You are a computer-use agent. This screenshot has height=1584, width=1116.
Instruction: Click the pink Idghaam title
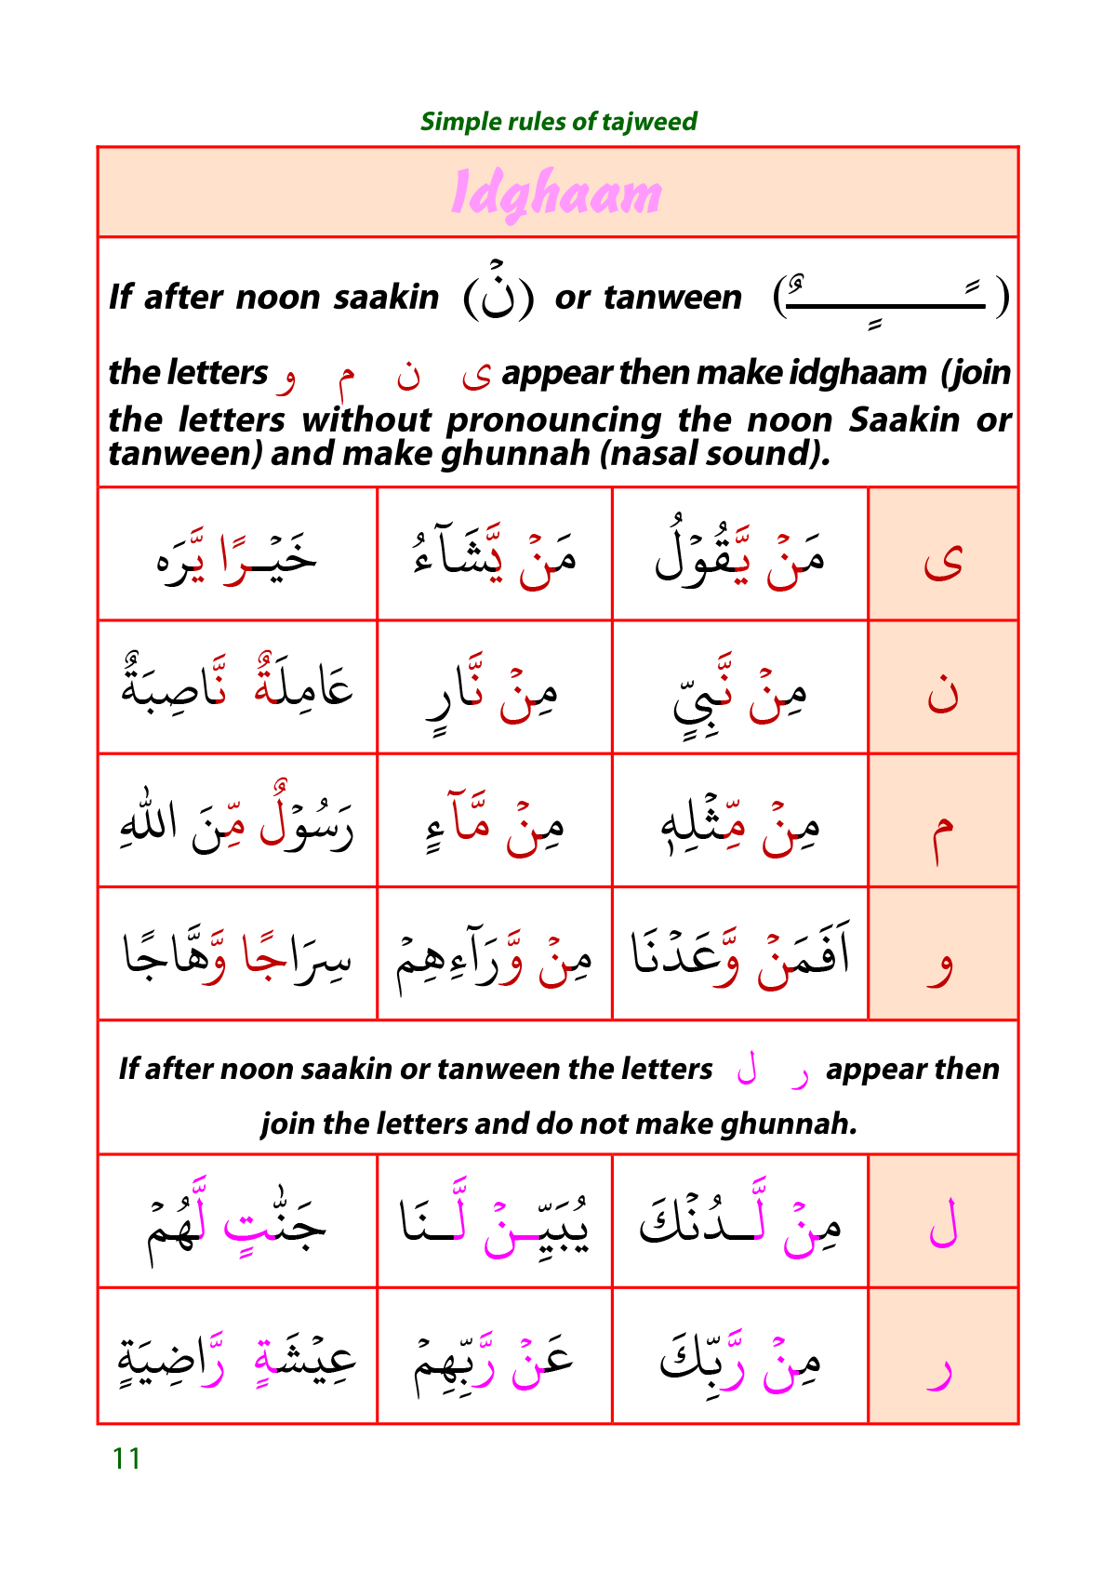[x=556, y=194]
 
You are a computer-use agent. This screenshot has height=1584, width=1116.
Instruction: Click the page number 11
[x=126, y=1458]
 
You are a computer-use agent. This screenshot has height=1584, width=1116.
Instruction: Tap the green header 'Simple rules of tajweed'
[x=558, y=122]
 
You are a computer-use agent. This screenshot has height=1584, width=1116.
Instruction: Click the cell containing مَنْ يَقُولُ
[x=739, y=554]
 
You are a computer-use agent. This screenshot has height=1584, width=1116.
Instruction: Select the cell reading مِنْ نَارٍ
[x=494, y=688]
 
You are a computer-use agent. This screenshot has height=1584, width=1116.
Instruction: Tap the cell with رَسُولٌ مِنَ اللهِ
[x=237, y=820]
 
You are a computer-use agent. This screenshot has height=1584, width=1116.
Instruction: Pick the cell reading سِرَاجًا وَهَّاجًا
[x=237, y=954]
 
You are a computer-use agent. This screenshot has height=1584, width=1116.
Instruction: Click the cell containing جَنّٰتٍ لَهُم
[x=237, y=1222]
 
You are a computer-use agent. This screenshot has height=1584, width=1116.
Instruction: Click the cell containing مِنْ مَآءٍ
[x=494, y=820]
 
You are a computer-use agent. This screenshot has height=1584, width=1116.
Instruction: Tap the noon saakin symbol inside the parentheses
[x=498, y=295]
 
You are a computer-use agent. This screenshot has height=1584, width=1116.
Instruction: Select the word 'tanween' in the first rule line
[x=671, y=298]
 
